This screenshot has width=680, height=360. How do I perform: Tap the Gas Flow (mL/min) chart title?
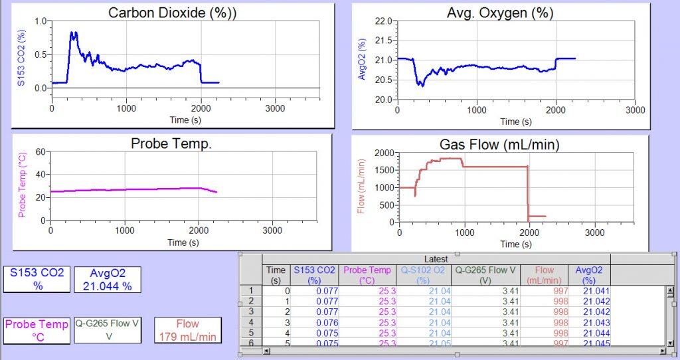499,144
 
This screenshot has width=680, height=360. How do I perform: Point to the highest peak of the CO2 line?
72,33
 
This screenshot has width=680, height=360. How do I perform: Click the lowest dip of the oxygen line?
420,85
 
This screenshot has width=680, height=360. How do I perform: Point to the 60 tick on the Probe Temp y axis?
39,151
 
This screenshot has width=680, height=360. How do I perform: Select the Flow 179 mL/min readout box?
188,330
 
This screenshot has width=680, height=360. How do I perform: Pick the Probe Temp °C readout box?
37,330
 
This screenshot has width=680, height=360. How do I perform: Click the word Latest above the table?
436,258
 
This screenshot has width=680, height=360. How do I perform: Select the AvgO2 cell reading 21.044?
595,332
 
